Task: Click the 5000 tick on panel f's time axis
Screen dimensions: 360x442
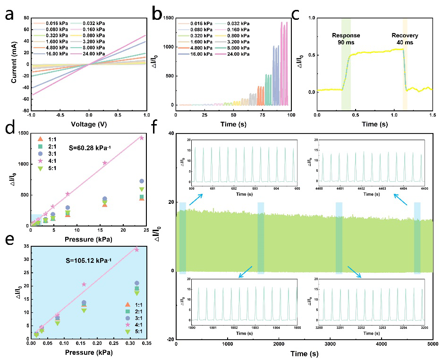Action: pos(433,348)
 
